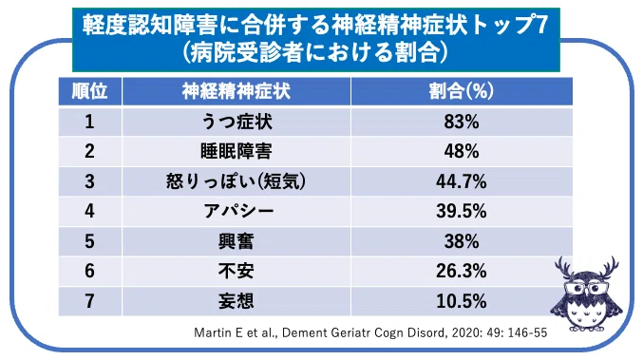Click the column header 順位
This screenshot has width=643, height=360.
click(89, 91)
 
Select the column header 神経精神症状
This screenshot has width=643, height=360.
click(236, 91)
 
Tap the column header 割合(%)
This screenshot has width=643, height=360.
click(462, 91)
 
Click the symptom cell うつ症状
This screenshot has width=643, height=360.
click(236, 122)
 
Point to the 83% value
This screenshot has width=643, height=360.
click(462, 122)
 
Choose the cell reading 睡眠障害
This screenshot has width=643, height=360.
click(236, 151)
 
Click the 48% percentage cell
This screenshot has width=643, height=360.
click(462, 151)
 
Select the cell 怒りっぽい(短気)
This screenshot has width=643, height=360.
click(236, 181)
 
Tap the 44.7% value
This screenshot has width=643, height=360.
click(462, 181)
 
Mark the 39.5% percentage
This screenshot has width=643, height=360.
click(462, 211)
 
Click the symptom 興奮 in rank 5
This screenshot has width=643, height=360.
click(236, 241)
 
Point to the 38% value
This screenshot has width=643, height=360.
click(462, 241)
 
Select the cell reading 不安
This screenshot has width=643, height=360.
click(236, 271)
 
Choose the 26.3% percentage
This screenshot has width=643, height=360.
click(462, 271)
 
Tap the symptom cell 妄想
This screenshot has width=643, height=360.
click(236, 301)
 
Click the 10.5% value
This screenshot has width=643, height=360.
click(462, 301)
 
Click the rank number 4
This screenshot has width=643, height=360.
click(89, 211)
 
